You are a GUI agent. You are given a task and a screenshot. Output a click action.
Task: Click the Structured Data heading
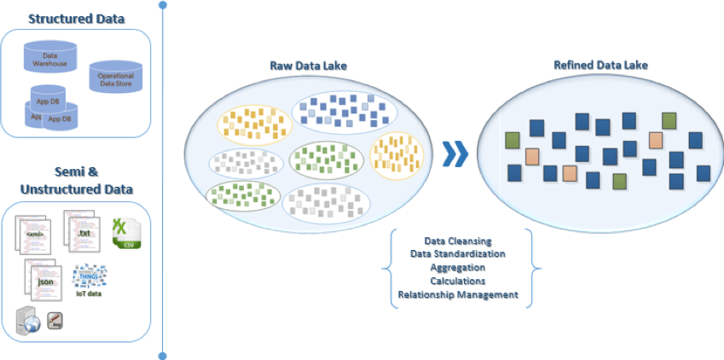coord(77,18)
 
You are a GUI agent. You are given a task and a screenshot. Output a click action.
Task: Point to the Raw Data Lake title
coord(309,66)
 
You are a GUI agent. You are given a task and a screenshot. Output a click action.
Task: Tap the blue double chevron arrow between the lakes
coord(457,154)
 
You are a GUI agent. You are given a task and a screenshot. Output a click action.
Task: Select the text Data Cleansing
coord(458,241)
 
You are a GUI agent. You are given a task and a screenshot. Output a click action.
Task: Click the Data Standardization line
coord(458,254)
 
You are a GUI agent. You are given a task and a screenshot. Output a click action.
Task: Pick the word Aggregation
coord(458,268)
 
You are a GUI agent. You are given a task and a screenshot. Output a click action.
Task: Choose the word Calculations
coord(458,281)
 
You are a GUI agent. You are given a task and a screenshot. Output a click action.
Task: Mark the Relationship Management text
coord(458,294)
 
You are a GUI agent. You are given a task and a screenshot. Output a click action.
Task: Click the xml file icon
coord(36,234)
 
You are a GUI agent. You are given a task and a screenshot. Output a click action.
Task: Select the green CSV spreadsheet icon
coord(127,232)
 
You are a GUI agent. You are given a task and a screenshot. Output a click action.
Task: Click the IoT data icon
coord(90,279)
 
